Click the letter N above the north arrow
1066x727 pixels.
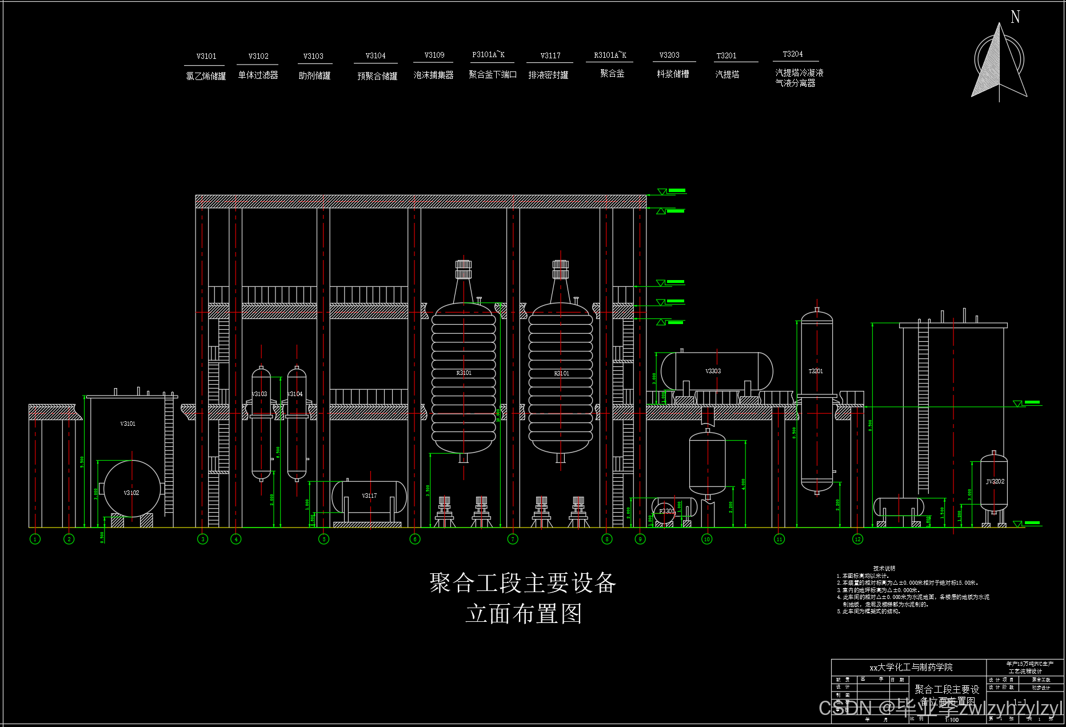click(x=1015, y=17)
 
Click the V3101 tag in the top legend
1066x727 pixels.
click(x=206, y=56)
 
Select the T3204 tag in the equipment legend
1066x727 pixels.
click(x=793, y=54)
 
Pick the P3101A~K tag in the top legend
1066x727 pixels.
click(x=488, y=54)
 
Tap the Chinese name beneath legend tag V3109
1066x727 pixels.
click(x=433, y=75)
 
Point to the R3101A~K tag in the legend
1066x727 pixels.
click(x=610, y=55)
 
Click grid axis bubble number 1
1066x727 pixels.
click(x=35, y=539)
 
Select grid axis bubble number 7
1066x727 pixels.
click(x=513, y=539)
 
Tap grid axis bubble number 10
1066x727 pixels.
click(x=707, y=539)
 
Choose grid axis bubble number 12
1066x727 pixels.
click(x=857, y=539)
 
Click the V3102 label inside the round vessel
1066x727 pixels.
click(x=131, y=493)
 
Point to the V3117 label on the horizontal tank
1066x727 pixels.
click(x=369, y=496)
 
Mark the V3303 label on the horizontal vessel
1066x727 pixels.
click(x=713, y=371)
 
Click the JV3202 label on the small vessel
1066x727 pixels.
click(x=995, y=481)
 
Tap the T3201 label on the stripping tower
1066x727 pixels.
click(x=816, y=371)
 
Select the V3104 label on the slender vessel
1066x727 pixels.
click(x=296, y=394)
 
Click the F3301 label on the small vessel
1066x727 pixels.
click(x=666, y=511)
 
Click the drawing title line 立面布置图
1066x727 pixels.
click(x=523, y=614)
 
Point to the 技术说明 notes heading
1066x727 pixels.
click(x=884, y=568)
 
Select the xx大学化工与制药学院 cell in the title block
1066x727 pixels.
click(x=911, y=667)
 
